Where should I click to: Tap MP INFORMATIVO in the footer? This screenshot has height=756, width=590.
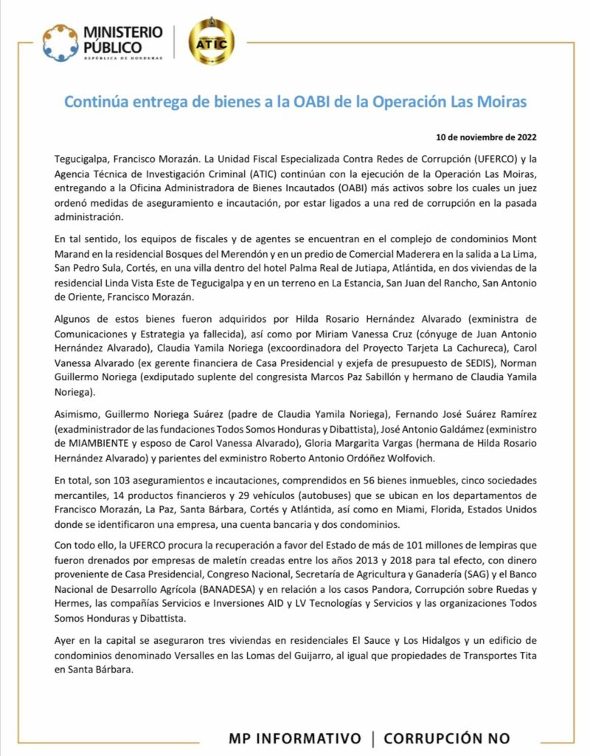click(295, 738)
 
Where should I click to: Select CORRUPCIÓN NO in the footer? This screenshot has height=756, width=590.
click(446, 738)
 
